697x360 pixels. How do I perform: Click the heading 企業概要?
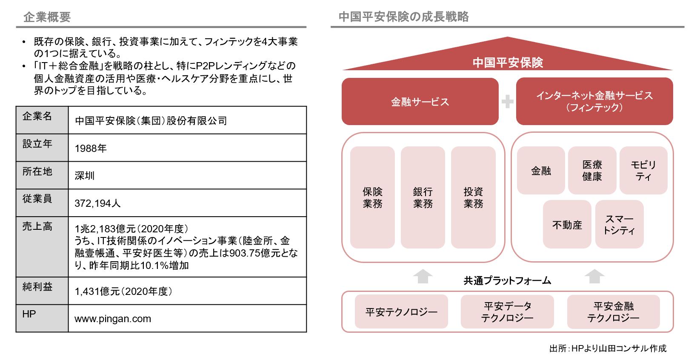click(47, 17)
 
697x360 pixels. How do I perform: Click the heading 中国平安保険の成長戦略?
click(403, 17)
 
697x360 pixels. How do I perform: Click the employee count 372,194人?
click(97, 203)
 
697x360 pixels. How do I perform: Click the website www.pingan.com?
click(113, 319)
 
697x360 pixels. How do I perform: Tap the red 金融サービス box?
click(420, 101)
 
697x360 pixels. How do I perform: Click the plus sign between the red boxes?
click(508, 101)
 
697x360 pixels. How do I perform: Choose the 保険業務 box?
click(372, 197)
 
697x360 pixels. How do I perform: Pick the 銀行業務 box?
click(423, 197)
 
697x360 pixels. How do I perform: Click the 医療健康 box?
click(592, 171)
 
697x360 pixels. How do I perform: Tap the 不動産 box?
click(567, 224)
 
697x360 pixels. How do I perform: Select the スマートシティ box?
click(619, 224)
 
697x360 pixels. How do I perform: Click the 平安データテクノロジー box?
click(507, 312)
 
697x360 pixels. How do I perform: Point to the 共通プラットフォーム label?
click(507, 281)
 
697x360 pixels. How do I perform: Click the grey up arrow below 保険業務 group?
click(423, 276)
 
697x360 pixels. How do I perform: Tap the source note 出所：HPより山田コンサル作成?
click(608, 348)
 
